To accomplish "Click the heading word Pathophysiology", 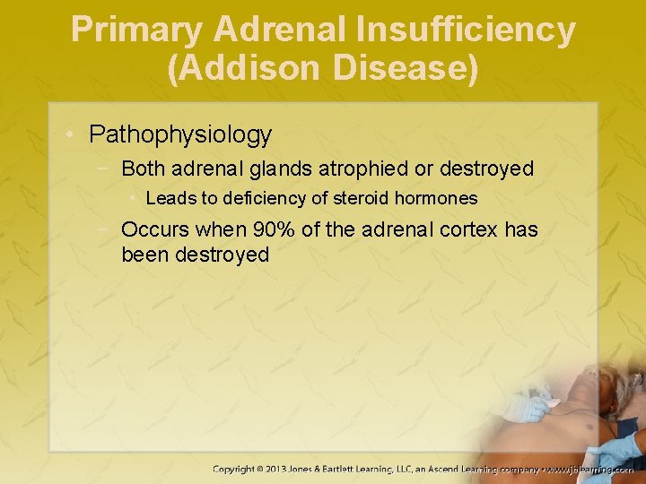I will tap(180, 135).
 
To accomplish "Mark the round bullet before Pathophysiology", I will tap(70, 136).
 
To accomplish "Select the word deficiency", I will tap(258, 198).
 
